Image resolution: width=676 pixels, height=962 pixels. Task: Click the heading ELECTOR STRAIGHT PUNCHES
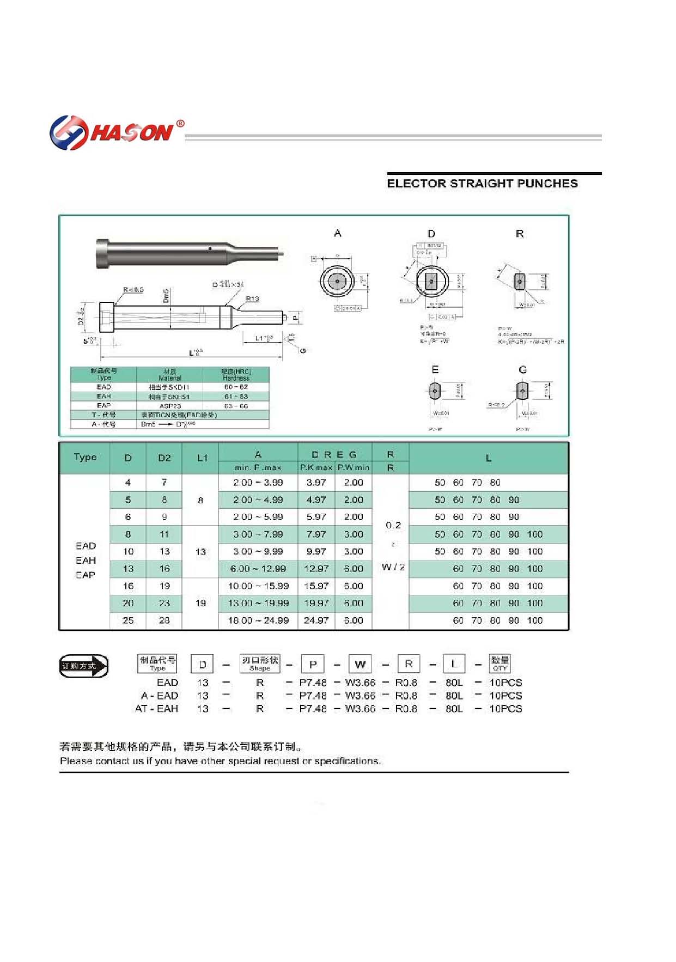coord(482,184)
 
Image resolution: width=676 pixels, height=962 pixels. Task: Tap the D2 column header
coord(165,458)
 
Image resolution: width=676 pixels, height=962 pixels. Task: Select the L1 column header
coord(202,458)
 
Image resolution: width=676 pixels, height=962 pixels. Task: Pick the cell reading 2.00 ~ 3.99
coord(258,483)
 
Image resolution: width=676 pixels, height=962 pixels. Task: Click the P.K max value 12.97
coord(316,569)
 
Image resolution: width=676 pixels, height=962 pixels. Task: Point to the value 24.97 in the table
coord(316,620)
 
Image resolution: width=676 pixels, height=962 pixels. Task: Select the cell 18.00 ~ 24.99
coord(258,620)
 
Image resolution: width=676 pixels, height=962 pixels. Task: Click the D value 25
coord(128,620)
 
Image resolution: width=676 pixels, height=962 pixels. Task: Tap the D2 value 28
coord(165,620)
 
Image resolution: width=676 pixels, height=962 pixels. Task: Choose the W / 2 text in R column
coord(393,567)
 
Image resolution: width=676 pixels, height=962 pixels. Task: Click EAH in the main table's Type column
coord(86,561)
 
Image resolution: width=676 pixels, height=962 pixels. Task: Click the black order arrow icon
coord(84,666)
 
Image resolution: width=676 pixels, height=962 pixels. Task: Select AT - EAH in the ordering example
coord(157,709)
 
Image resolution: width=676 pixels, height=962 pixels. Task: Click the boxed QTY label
coord(500,663)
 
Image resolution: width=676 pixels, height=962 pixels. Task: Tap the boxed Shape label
coord(260,663)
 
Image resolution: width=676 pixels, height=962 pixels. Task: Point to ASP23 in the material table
coord(170,406)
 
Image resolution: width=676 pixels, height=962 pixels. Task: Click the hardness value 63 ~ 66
coord(236,406)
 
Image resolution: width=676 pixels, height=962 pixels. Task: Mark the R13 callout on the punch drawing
coord(252,299)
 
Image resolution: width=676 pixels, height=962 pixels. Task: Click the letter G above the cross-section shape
coord(523,370)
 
